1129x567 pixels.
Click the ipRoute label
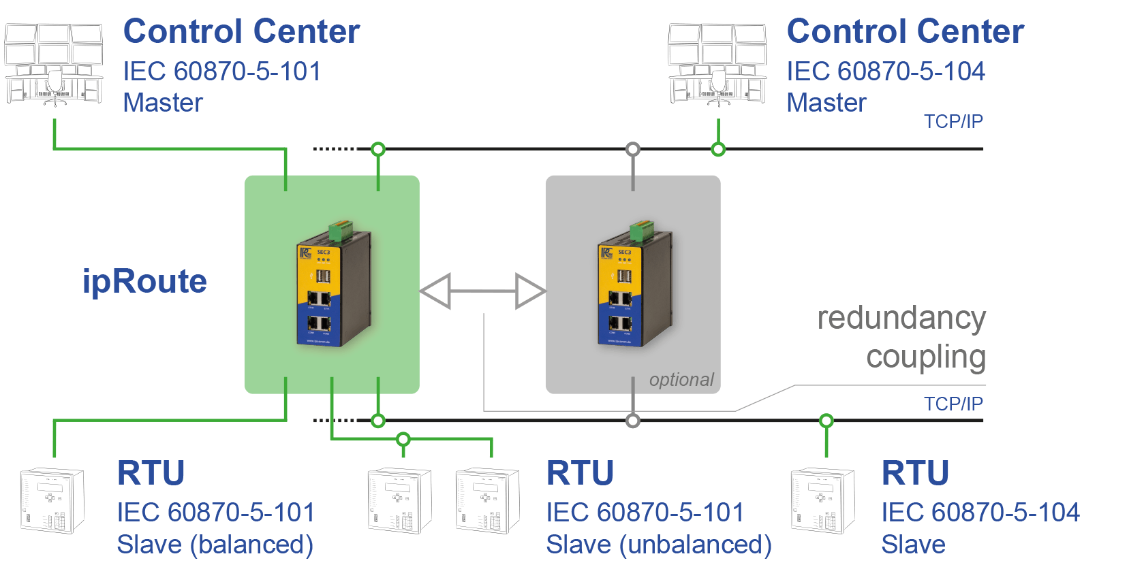pos(144,282)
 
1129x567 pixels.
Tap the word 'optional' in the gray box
pos(681,380)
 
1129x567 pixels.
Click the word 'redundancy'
pos(901,319)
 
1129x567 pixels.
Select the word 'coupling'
pos(925,357)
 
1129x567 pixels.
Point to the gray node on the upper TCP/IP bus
pos(633,149)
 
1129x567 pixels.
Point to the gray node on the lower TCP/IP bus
pos(633,421)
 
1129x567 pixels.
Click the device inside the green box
pos(333,286)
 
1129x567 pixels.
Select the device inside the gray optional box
pos(634,286)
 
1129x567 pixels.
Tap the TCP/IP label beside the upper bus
pos(953,122)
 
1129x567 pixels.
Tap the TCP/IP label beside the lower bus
pos(953,404)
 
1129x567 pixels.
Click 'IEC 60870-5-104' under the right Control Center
pos(885,71)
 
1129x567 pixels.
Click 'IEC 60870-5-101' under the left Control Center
pos(221,71)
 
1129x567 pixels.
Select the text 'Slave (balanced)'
pos(215,545)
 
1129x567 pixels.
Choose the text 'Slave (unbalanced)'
pos(658,545)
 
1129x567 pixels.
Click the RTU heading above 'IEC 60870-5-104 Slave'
pos(914,473)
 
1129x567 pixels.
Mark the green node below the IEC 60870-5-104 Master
pos(718,149)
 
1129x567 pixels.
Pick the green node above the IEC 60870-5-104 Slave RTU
pos(826,421)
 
